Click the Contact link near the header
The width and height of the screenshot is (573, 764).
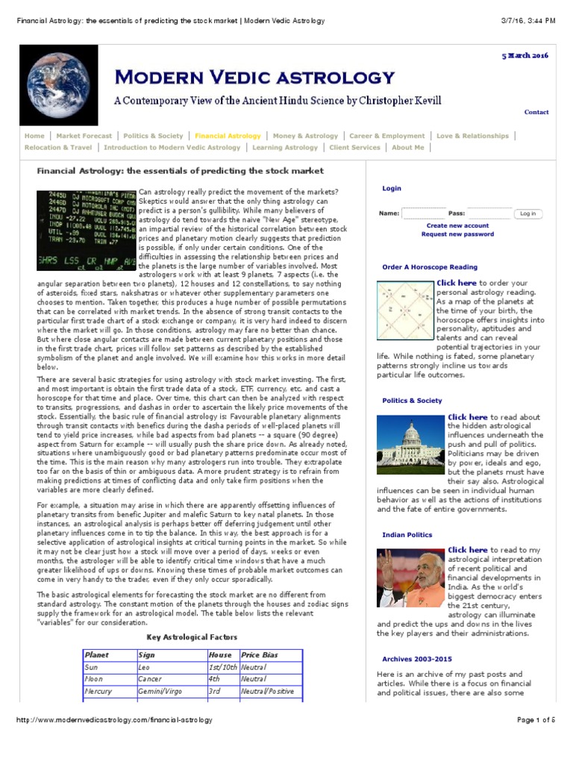(536, 113)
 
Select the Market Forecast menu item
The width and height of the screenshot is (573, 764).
(84, 136)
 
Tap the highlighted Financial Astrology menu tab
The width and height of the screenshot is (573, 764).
(228, 136)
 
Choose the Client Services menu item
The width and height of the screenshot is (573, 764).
(354, 148)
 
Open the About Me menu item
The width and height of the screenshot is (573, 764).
(408, 148)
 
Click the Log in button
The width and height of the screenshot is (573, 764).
(528, 213)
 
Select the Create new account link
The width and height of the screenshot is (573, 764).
(457, 225)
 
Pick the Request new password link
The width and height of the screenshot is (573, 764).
(457, 234)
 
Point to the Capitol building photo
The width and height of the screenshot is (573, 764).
(411, 443)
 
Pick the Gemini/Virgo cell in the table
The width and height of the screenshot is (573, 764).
(159, 692)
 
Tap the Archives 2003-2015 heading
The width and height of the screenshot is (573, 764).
(417, 660)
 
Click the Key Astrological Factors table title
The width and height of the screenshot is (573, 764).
(192, 637)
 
